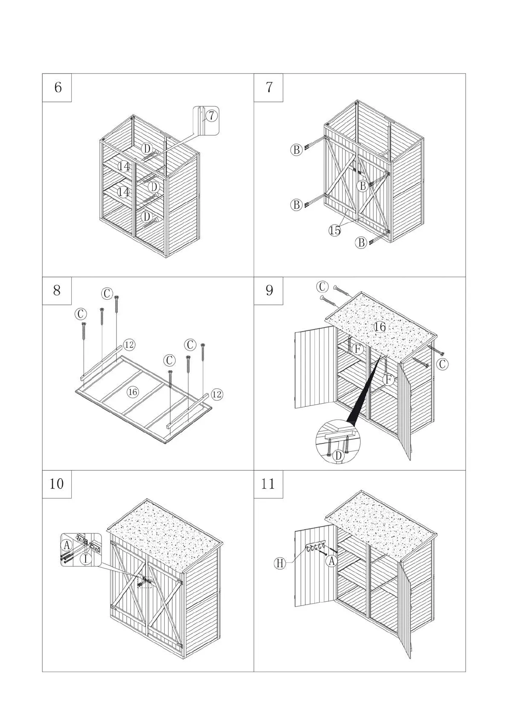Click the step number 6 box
(x=57, y=87)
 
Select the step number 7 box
(x=268, y=87)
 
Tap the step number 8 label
(x=57, y=291)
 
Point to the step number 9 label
(x=268, y=291)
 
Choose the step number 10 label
(x=57, y=484)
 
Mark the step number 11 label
(x=268, y=484)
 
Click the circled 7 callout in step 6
(x=211, y=115)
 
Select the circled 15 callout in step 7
(x=335, y=230)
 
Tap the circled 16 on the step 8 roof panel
(x=133, y=392)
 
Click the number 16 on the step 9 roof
(x=379, y=327)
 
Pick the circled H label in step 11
(x=280, y=563)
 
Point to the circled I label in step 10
(x=86, y=559)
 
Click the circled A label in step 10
(x=66, y=544)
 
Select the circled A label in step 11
(x=332, y=561)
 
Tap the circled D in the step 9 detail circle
(x=338, y=456)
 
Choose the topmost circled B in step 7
(x=296, y=150)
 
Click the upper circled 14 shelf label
(x=124, y=166)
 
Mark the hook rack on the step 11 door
(x=316, y=547)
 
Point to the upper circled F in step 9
(x=358, y=350)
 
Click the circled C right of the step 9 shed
(x=442, y=364)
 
